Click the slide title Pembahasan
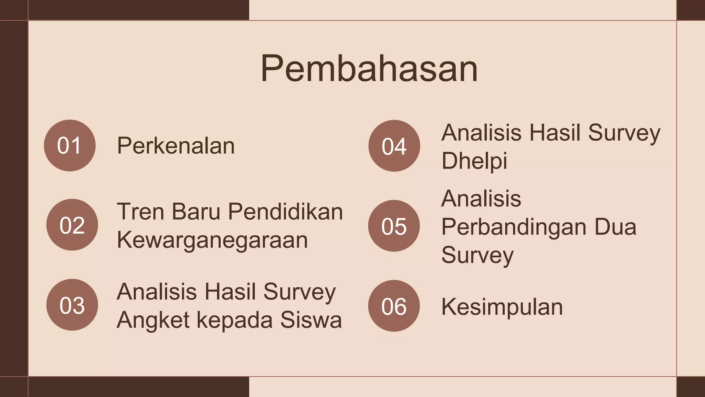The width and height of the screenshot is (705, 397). (369, 69)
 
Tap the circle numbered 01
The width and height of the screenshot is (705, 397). (70, 145)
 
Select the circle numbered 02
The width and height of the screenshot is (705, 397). (72, 225)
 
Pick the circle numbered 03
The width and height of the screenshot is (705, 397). (72, 305)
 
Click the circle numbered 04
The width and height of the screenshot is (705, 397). (394, 146)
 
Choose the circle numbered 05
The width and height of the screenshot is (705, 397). (394, 226)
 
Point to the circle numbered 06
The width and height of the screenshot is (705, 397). (394, 306)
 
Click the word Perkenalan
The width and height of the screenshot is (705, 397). (176, 145)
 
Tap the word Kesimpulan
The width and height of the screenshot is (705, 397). (502, 307)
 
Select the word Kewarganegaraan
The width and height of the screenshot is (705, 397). (212, 240)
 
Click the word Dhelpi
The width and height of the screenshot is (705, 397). (474, 161)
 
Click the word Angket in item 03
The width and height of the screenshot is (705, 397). (153, 320)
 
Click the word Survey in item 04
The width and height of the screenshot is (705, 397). (624, 133)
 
